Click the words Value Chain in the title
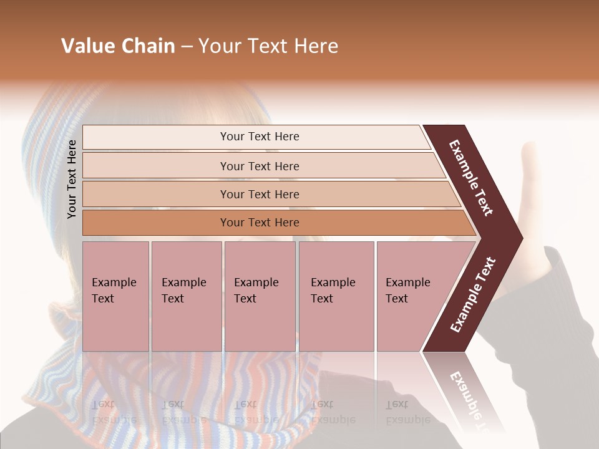[x=118, y=46]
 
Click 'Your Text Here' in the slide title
[x=268, y=46]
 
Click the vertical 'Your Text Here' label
[x=72, y=180]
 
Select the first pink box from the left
[x=115, y=296]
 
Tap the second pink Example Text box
[x=186, y=296]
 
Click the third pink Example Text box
[x=260, y=296]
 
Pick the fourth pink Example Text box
[x=336, y=296]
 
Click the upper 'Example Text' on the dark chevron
[x=472, y=178]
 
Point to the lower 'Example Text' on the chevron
[x=473, y=294]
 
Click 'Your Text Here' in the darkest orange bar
[x=260, y=223]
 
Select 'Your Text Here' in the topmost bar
[x=260, y=137]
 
